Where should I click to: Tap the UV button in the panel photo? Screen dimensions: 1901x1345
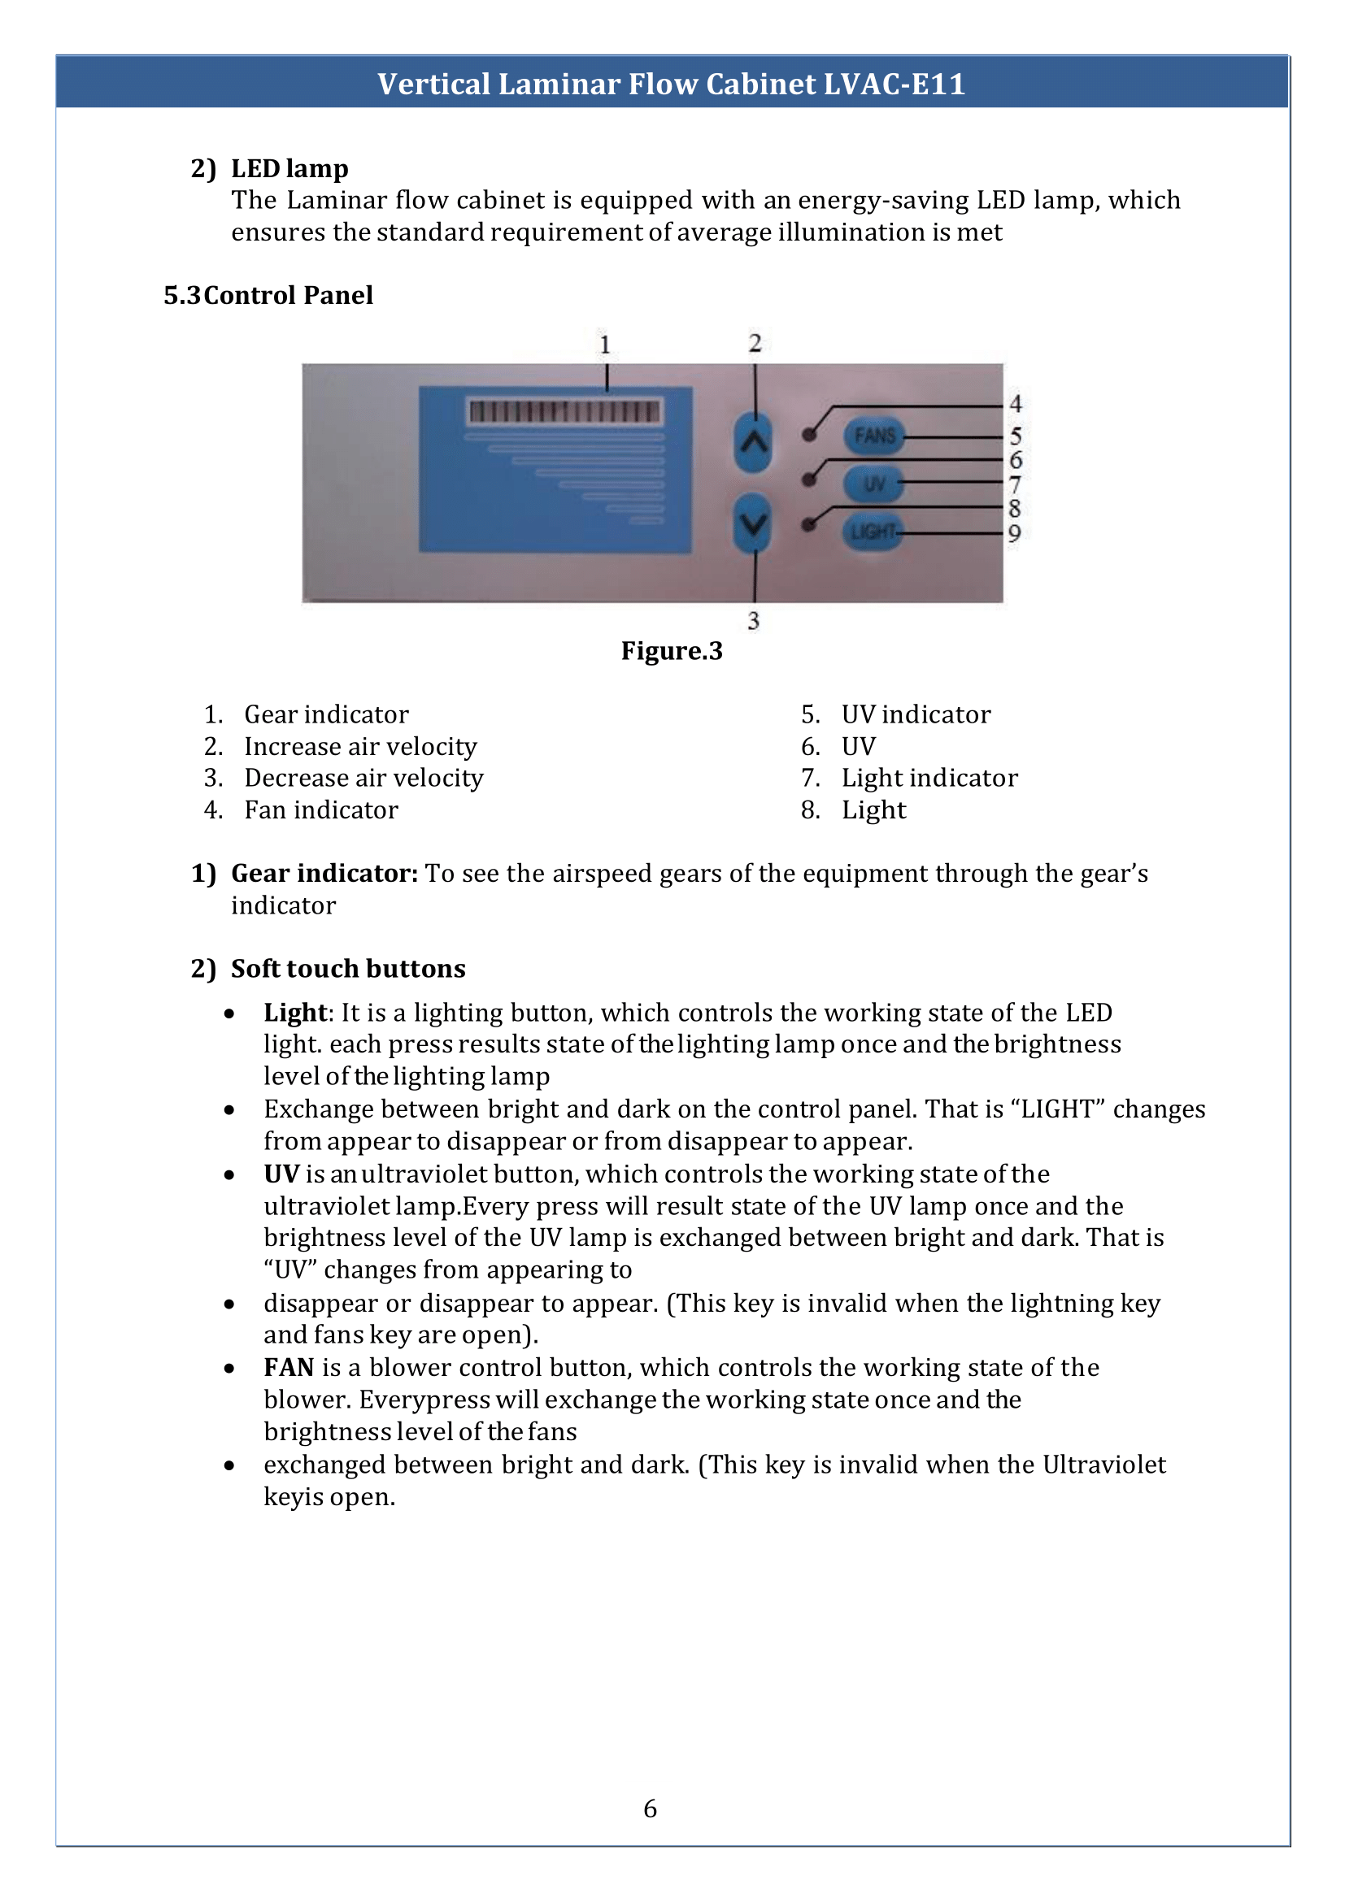(x=873, y=484)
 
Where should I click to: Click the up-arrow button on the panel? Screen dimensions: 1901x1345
(x=753, y=442)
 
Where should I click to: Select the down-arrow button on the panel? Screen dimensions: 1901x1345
(x=753, y=523)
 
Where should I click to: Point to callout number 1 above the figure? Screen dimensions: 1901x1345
(x=606, y=345)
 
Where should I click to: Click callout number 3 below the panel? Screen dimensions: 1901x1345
(x=753, y=621)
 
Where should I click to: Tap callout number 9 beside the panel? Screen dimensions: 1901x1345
(x=1015, y=534)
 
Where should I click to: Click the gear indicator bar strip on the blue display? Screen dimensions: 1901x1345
(x=565, y=411)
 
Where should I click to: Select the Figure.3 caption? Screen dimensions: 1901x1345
(x=672, y=652)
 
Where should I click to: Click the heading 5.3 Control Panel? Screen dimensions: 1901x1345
(x=268, y=296)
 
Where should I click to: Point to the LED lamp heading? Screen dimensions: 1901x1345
(x=289, y=169)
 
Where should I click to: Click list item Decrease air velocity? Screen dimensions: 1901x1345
(x=363, y=779)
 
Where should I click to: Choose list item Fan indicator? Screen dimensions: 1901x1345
(x=320, y=810)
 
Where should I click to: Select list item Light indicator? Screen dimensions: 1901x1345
(x=929, y=779)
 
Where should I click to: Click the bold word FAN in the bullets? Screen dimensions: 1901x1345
(x=288, y=1368)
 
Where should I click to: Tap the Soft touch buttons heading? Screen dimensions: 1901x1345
(x=348, y=969)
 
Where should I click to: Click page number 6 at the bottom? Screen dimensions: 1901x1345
(x=651, y=1809)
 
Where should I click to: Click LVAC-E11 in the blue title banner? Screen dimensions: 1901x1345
(x=894, y=85)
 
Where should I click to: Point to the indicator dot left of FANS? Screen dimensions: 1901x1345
(x=809, y=435)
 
